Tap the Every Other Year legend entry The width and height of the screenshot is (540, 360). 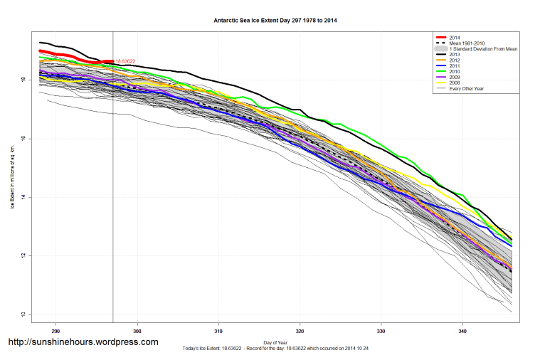465,88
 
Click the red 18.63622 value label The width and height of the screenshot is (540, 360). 125,61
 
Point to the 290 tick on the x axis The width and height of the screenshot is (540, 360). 56,330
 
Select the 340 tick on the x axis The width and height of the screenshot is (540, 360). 462,330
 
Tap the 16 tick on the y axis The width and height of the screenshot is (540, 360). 24,139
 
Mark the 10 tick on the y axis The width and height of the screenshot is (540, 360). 24,314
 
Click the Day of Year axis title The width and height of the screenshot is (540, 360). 275,342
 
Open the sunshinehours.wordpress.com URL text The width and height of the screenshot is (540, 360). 83,342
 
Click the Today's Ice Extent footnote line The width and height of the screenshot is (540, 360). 275,349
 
